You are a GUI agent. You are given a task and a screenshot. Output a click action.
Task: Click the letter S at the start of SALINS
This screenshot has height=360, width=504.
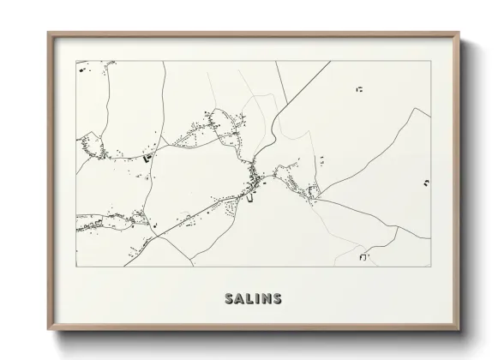[x=229, y=299]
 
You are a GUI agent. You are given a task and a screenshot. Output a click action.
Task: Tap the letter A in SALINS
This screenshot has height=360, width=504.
[x=239, y=299]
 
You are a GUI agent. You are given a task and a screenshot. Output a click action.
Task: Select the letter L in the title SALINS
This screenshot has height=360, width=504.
[x=249, y=299]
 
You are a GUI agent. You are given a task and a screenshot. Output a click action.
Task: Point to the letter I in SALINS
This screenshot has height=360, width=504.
[x=256, y=299]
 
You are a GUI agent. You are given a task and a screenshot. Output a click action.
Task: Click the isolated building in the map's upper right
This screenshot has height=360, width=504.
[x=360, y=88]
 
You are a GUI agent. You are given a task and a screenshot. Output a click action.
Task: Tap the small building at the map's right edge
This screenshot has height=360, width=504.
[x=425, y=183]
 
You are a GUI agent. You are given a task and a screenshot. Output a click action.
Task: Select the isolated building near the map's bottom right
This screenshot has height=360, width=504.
[x=364, y=256]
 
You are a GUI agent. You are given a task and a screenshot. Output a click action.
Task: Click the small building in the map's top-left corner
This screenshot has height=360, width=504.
[x=82, y=69]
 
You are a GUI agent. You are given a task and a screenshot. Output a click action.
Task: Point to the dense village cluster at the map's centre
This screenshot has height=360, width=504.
[x=254, y=180]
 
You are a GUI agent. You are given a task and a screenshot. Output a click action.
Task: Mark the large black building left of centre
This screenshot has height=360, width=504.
[x=147, y=158]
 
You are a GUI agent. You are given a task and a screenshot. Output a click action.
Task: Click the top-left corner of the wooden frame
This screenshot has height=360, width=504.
[x=48, y=33]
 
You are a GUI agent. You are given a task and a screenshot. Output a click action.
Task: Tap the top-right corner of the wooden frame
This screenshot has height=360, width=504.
[x=459, y=33]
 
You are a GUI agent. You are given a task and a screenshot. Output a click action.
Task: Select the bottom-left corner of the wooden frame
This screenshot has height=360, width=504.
[x=48, y=330]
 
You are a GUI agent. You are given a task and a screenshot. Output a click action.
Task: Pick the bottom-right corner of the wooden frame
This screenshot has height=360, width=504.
[x=459, y=330]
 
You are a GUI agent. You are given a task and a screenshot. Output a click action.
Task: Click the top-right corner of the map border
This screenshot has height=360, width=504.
[x=430, y=61]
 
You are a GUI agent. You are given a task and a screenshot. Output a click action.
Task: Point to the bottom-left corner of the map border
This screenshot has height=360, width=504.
[x=76, y=267]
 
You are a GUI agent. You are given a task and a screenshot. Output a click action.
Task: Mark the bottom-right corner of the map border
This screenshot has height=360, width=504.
[x=430, y=267]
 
